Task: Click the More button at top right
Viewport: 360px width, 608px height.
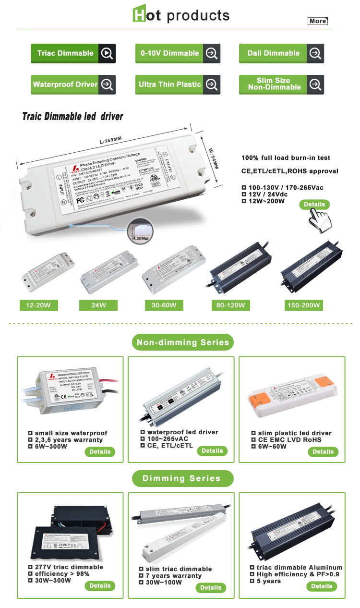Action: (318, 21)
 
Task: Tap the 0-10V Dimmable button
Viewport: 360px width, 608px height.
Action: (178, 53)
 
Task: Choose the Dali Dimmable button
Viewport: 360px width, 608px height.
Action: (281, 53)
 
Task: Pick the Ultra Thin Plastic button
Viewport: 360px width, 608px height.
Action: (178, 85)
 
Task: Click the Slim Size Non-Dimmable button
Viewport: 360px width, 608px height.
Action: (281, 85)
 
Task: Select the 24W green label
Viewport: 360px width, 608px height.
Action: (99, 305)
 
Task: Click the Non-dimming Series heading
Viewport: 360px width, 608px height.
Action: (183, 342)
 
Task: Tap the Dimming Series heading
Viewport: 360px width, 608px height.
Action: (182, 478)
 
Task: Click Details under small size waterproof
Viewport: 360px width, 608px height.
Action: (100, 451)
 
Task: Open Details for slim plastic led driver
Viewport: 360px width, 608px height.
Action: (323, 451)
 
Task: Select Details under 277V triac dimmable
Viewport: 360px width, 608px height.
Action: (100, 585)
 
